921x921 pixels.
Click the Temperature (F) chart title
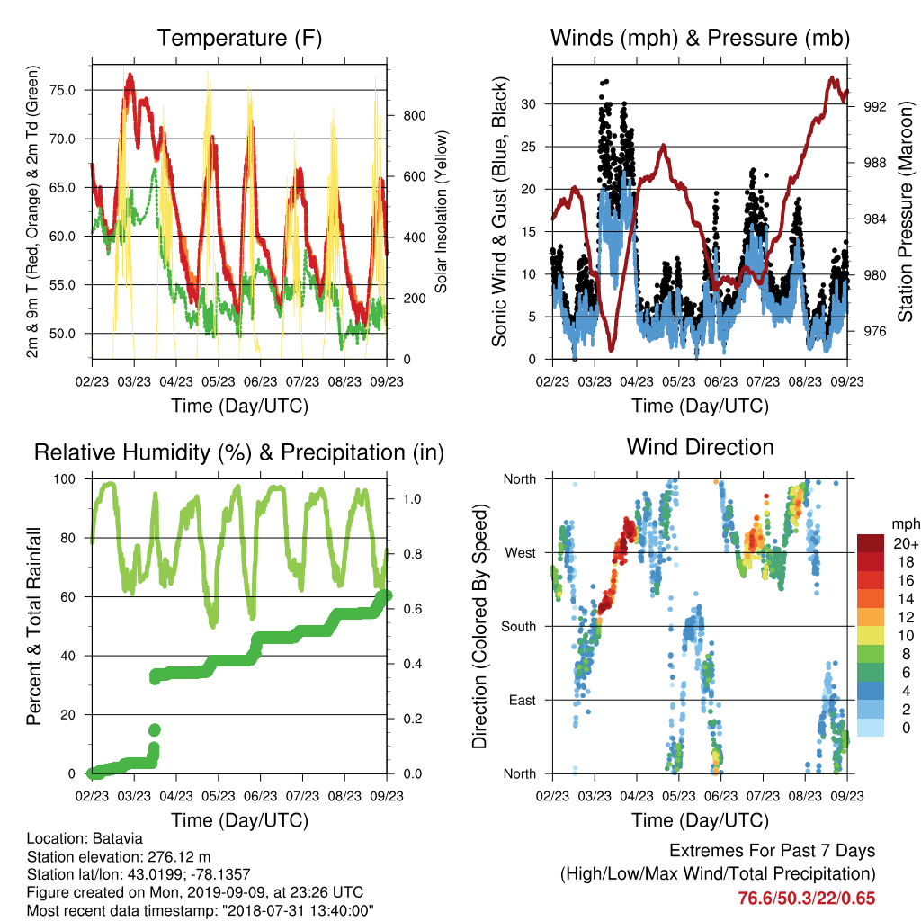[239, 38]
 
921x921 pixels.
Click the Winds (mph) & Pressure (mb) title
[700, 38]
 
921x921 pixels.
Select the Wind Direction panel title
[700, 447]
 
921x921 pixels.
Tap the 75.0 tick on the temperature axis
[62, 90]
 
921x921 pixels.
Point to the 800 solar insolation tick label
[415, 116]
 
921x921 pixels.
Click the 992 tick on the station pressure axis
[875, 107]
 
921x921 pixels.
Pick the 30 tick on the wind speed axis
[529, 104]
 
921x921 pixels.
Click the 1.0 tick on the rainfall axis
[412, 498]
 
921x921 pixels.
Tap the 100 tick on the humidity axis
[65, 479]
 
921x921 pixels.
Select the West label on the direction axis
[521, 553]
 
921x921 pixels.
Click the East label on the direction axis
[523, 700]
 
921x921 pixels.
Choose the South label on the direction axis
[519, 627]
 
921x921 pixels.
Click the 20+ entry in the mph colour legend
[905, 544]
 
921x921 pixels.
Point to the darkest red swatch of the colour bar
[871, 543]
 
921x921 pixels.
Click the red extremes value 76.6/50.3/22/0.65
[807, 899]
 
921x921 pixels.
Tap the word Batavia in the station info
[118, 838]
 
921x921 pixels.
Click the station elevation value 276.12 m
[179, 856]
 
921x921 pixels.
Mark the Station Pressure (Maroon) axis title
[906, 211]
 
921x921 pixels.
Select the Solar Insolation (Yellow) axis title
[441, 211]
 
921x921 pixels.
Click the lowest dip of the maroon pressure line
[612, 350]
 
